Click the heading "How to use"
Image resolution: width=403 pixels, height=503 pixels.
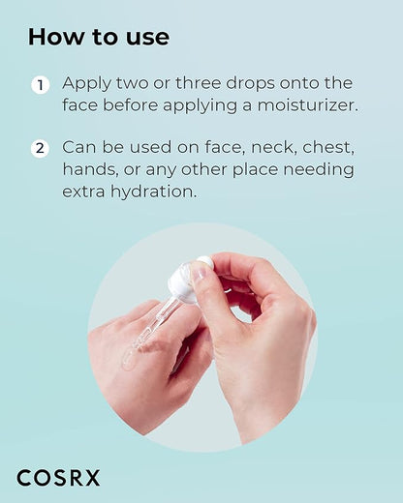(x=99, y=37)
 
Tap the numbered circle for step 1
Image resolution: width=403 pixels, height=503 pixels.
(x=40, y=85)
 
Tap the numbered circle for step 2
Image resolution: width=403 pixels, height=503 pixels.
(x=40, y=149)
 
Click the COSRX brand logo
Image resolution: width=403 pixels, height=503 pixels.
(x=58, y=478)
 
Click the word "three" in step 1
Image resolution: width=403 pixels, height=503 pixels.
(x=201, y=83)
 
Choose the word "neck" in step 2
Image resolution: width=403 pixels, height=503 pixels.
(x=273, y=148)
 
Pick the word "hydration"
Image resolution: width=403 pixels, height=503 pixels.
(x=153, y=192)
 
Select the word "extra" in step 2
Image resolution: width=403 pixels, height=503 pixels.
(x=83, y=192)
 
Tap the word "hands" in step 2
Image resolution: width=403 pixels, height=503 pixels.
(x=89, y=169)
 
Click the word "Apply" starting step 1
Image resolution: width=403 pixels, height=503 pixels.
(x=86, y=84)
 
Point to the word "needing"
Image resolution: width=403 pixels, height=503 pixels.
(x=319, y=170)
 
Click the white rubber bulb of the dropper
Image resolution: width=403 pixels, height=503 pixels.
(x=187, y=281)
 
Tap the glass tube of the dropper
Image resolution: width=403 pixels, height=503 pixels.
(x=156, y=326)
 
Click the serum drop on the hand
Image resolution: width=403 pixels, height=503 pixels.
(x=129, y=361)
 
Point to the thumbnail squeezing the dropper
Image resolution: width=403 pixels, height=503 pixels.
(x=200, y=273)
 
